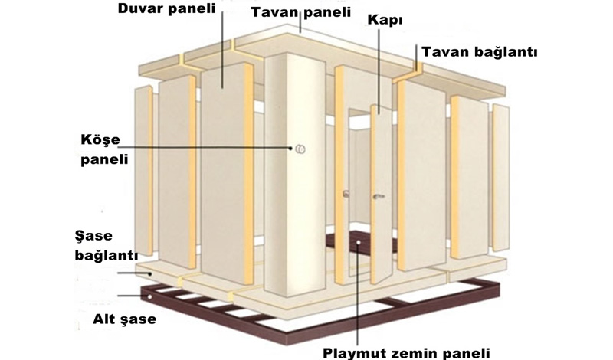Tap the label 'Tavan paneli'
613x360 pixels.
[x=295, y=12]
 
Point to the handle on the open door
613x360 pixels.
[x=376, y=196]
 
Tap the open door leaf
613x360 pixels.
[x=381, y=191]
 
